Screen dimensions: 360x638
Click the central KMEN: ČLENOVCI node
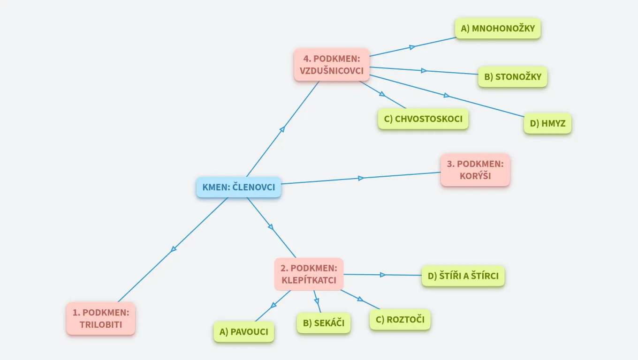coord(238,187)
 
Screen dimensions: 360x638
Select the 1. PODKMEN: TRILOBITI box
coord(101,318)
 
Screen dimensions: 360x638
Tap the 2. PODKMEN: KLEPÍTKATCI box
coord(309,274)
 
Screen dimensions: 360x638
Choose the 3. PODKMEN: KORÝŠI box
coord(475,170)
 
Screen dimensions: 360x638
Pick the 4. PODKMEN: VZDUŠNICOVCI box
coord(332,65)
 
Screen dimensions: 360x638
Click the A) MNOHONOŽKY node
coord(498,29)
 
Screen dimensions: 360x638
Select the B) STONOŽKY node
coord(512,77)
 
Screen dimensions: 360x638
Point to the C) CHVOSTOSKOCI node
coord(423,119)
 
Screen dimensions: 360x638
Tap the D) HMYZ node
coord(547,123)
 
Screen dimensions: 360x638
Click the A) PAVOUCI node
coord(243,332)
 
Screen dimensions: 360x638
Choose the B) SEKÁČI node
coord(323,323)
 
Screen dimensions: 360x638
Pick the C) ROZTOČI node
coord(400,320)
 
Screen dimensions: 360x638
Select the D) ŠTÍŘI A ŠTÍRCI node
coord(463,276)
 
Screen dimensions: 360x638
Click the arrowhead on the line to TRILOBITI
coord(174,249)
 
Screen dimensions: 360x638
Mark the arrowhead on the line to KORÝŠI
coord(361,178)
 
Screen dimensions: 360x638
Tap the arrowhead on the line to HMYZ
coord(446,96)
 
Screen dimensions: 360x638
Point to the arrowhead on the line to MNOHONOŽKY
coord(412,47)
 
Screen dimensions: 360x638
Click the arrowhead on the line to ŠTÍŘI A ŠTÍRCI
coord(383,275)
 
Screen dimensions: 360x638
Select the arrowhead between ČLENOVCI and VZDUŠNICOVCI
coord(282,129)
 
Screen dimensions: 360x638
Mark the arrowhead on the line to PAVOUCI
coord(273,305)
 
